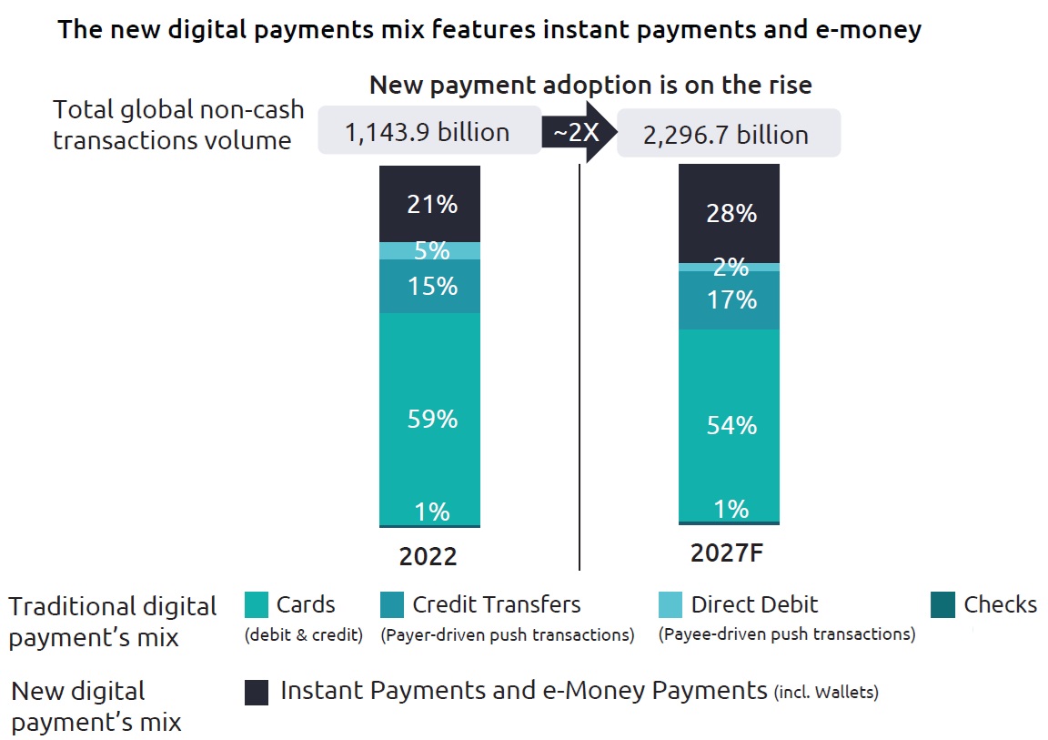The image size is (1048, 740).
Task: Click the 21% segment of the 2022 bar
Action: point(430,204)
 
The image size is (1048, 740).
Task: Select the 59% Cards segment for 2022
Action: point(430,419)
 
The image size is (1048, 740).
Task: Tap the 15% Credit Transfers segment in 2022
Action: point(430,286)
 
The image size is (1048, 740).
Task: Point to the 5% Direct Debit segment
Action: point(430,250)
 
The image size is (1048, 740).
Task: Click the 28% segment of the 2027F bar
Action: point(730,213)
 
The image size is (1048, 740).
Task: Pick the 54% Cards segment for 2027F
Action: point(730,424)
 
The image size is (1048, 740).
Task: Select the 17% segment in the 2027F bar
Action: point(730,299)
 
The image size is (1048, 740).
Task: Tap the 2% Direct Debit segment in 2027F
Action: point(730,267)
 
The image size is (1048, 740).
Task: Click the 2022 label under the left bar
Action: point(428,556)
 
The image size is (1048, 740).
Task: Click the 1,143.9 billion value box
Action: point(427,133)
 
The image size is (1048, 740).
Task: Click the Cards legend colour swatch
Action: point(257,605)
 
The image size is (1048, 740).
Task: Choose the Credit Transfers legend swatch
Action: point(392,605)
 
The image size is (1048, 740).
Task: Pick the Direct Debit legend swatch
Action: point(670,605)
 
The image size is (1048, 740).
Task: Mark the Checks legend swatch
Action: point(943,605)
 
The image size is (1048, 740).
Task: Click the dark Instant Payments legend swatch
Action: point(257,693)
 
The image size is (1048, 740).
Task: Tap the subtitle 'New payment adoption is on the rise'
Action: point(590,86)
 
